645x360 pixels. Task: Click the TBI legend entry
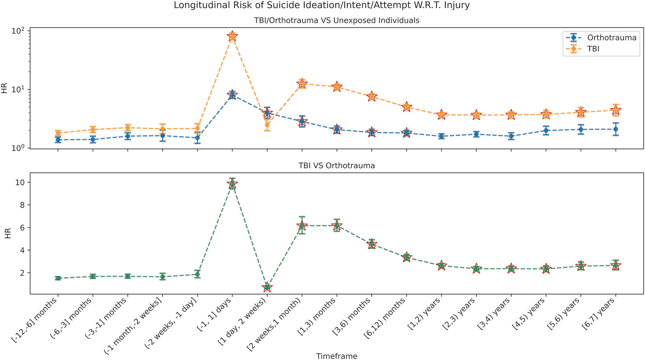tap(593, 49)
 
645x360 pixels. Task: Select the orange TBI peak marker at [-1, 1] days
tap(232, 36)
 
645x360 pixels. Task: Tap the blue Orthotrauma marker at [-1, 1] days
tap(232, 95)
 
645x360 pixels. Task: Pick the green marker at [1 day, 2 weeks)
tap(267, 287)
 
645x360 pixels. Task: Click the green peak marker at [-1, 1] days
tap(232, 184)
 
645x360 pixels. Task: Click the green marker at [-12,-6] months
tap(58, 278)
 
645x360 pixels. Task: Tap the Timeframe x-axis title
tap(336, 356)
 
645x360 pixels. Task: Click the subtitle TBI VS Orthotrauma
tap(336, 166)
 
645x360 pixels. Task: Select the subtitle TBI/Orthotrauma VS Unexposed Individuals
tap(336, 20)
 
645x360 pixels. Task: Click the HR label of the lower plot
tap(8, 233)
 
